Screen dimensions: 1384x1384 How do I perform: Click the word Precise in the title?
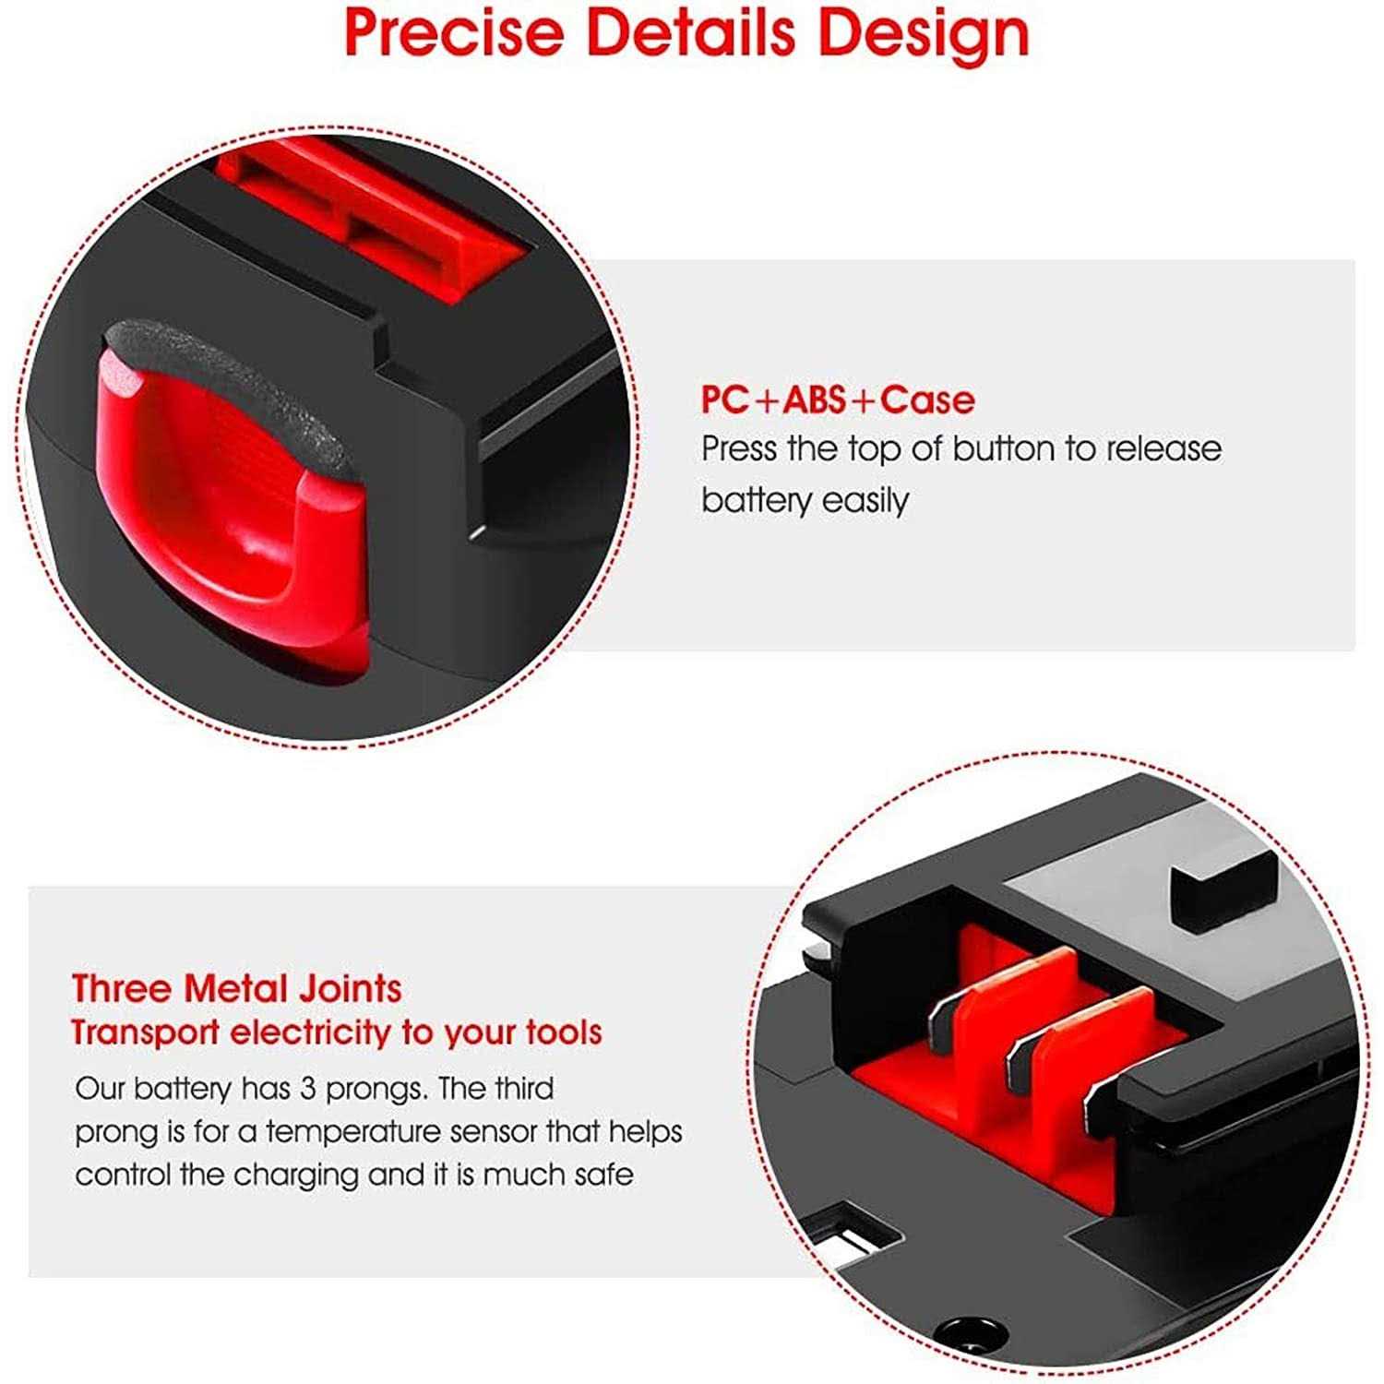(x=453, y=31)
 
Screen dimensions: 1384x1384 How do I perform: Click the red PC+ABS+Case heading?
(x=838, y=400)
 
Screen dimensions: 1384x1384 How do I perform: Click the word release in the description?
(x=1163, y=449)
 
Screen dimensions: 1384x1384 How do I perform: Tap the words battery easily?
(x=805, y=501)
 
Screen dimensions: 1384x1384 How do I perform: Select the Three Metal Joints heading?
(x=236, y=988)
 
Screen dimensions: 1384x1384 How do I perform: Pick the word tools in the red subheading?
(x=564, y=1032)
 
